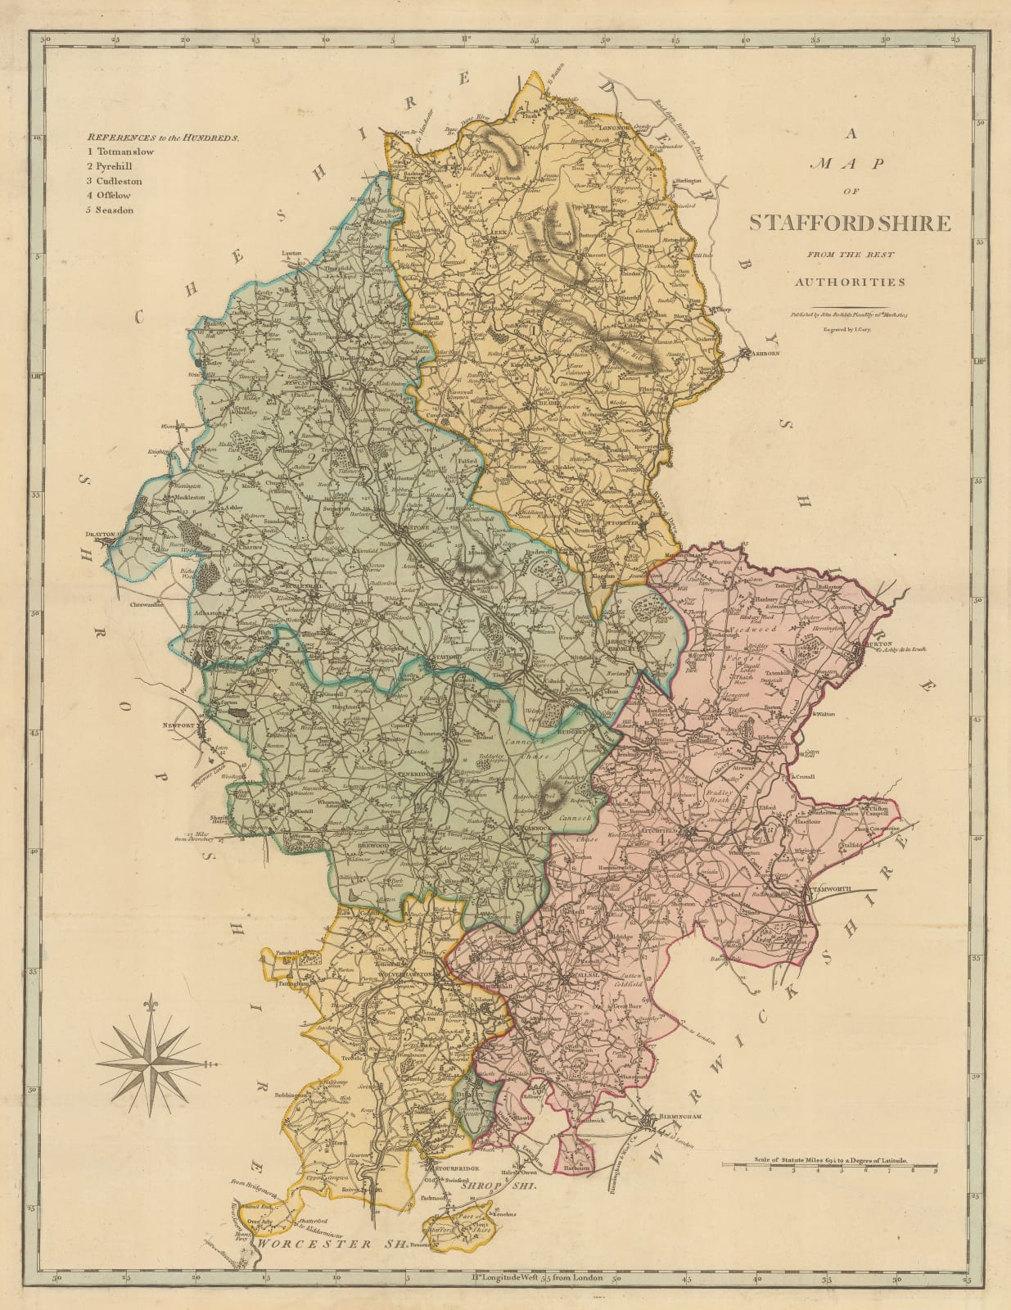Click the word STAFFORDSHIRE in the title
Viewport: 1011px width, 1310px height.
point(850,223)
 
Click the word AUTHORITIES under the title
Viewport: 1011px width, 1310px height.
point(850,282)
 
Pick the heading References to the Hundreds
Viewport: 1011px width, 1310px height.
point(164,138)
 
